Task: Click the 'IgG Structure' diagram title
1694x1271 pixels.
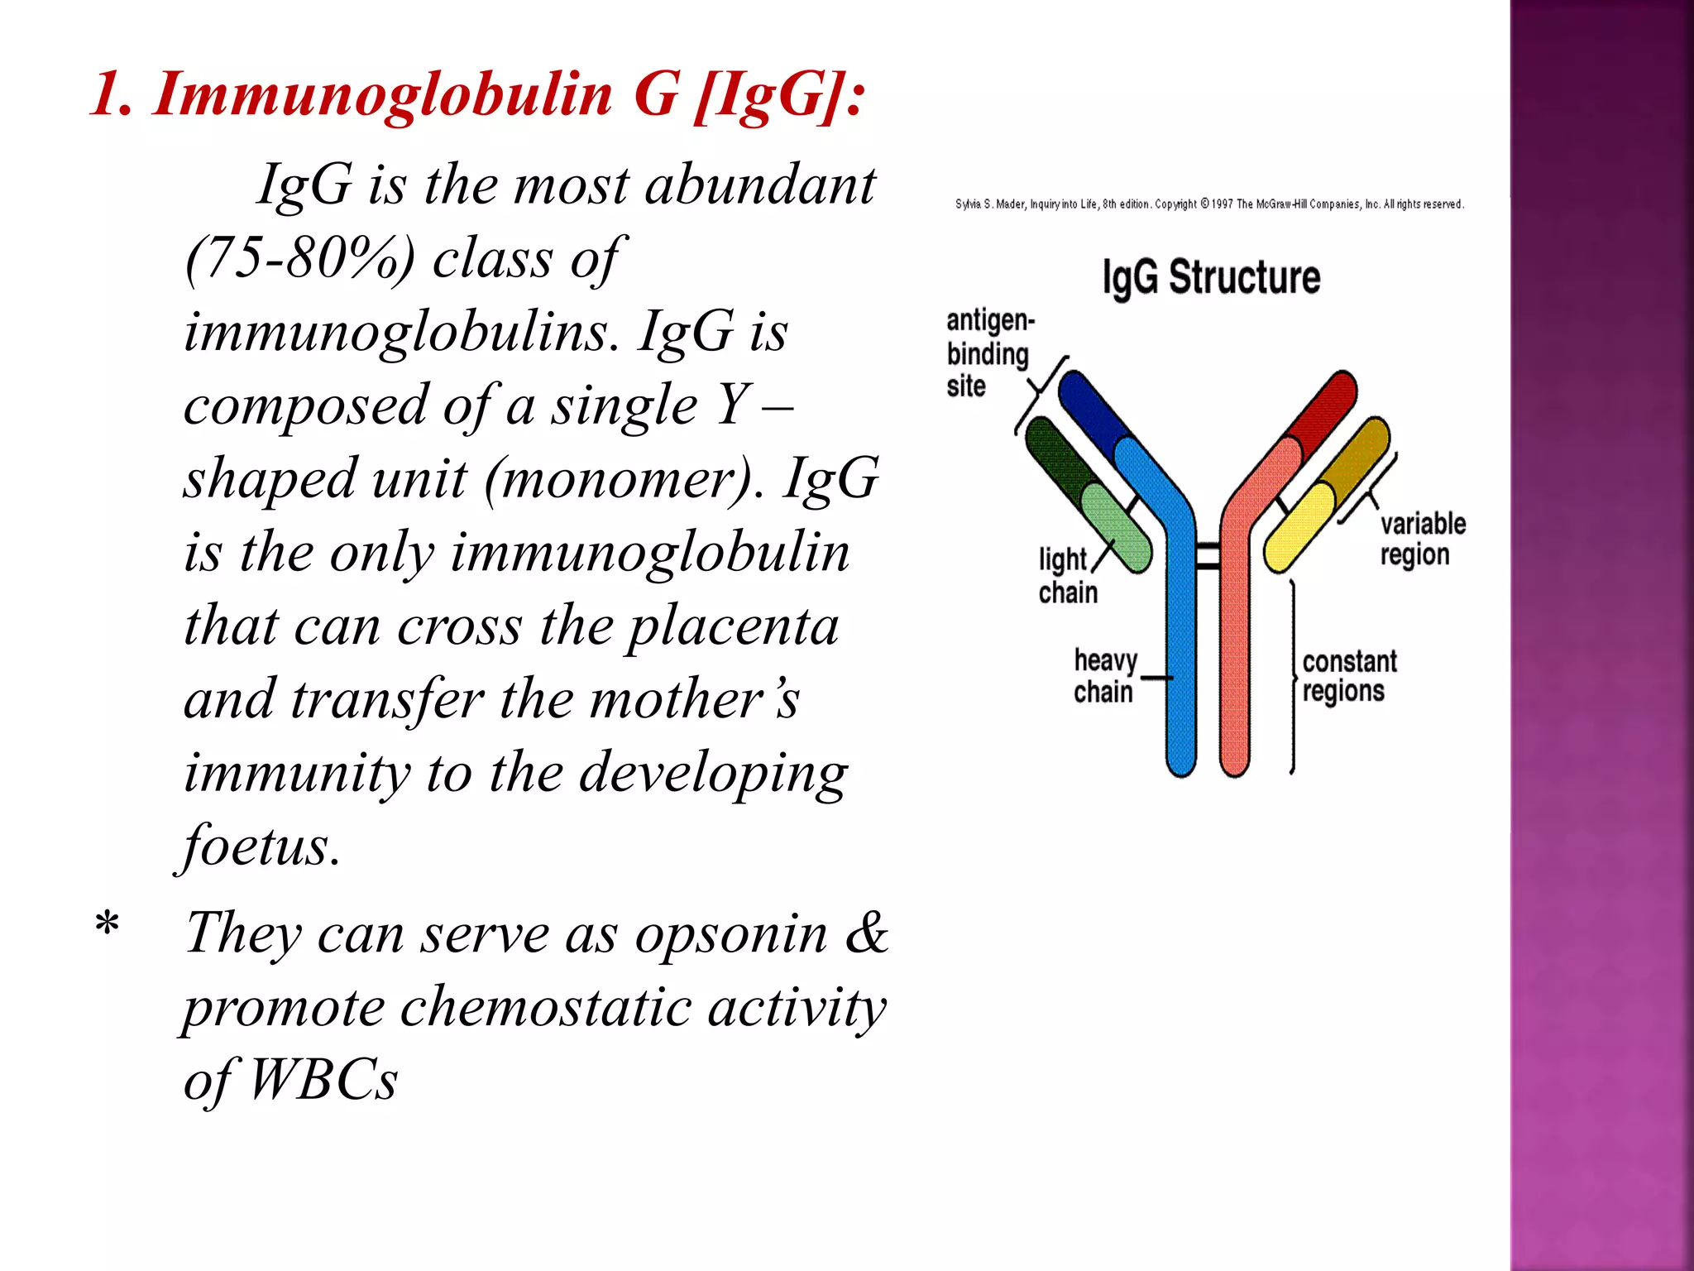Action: (x=1211, y=278)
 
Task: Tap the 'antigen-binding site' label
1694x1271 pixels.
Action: (x=988, y=354)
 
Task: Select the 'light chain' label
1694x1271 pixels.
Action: (x=1066, y=577)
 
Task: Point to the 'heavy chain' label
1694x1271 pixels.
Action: (x=1104, y=677)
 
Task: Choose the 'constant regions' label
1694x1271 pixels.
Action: (x=1348, y=677)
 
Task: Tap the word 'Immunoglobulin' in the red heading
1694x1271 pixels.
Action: (x=382, y=94)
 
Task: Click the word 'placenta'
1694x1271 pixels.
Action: (x=732, y=626)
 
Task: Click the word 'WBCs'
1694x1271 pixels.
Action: (x=323, y=1080)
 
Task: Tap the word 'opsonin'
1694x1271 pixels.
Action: (x=731, y=934)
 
